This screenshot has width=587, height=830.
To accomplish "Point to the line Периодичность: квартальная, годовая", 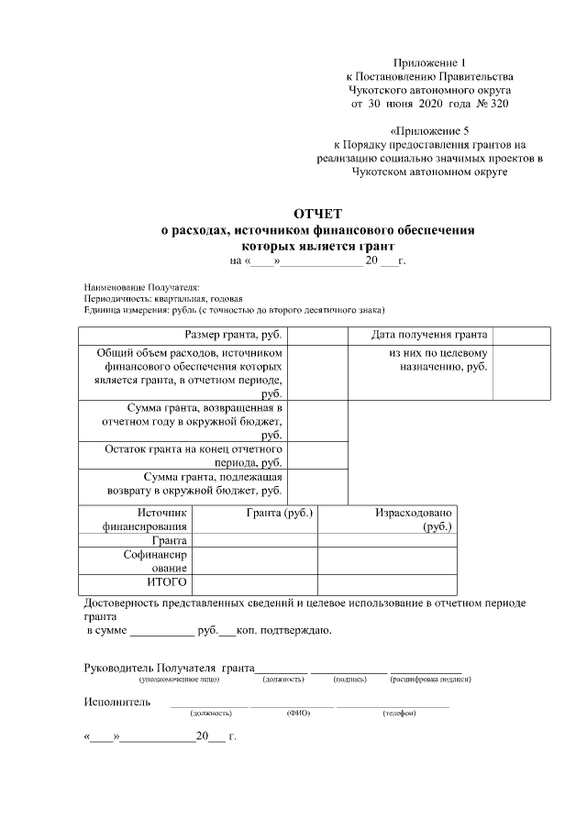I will (x=162, y=299).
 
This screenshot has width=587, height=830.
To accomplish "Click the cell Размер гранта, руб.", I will (x=233, y=336).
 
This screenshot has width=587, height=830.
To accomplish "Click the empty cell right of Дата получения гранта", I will (x=522, y=336).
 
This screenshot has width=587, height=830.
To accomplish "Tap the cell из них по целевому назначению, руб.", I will (x=437, y=360).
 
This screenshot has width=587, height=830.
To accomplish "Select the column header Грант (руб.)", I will (x=280, y=513).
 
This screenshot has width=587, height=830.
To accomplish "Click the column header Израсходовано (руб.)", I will (x=412, y=519).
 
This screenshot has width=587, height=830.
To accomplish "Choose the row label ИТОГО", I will (x=167, y=582).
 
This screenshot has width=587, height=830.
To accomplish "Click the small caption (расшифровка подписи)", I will (x=431, y=680).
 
